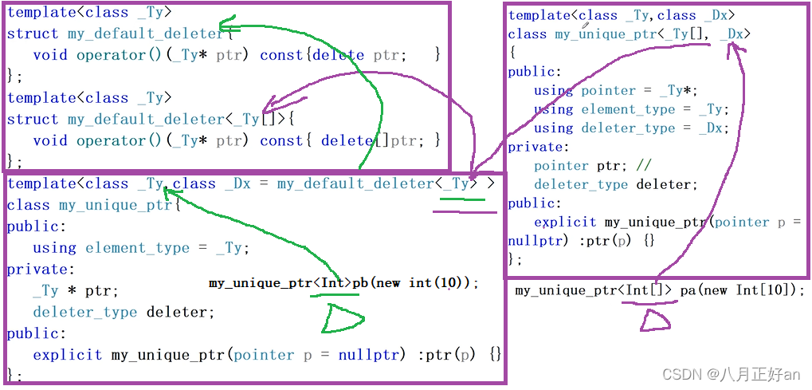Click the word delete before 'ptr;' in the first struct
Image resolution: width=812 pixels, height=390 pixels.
(x=338, y=55)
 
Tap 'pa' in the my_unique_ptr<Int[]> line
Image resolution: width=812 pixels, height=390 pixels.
(x=688, y=290)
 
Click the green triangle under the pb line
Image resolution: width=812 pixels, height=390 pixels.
(x=341, y=320)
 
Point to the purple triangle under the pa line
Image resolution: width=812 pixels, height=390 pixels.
(x=655, y=321)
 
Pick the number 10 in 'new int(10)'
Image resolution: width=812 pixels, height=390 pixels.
(x=451, y=283)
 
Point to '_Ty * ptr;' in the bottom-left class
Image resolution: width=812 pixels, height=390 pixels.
(x=76, y=291)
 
